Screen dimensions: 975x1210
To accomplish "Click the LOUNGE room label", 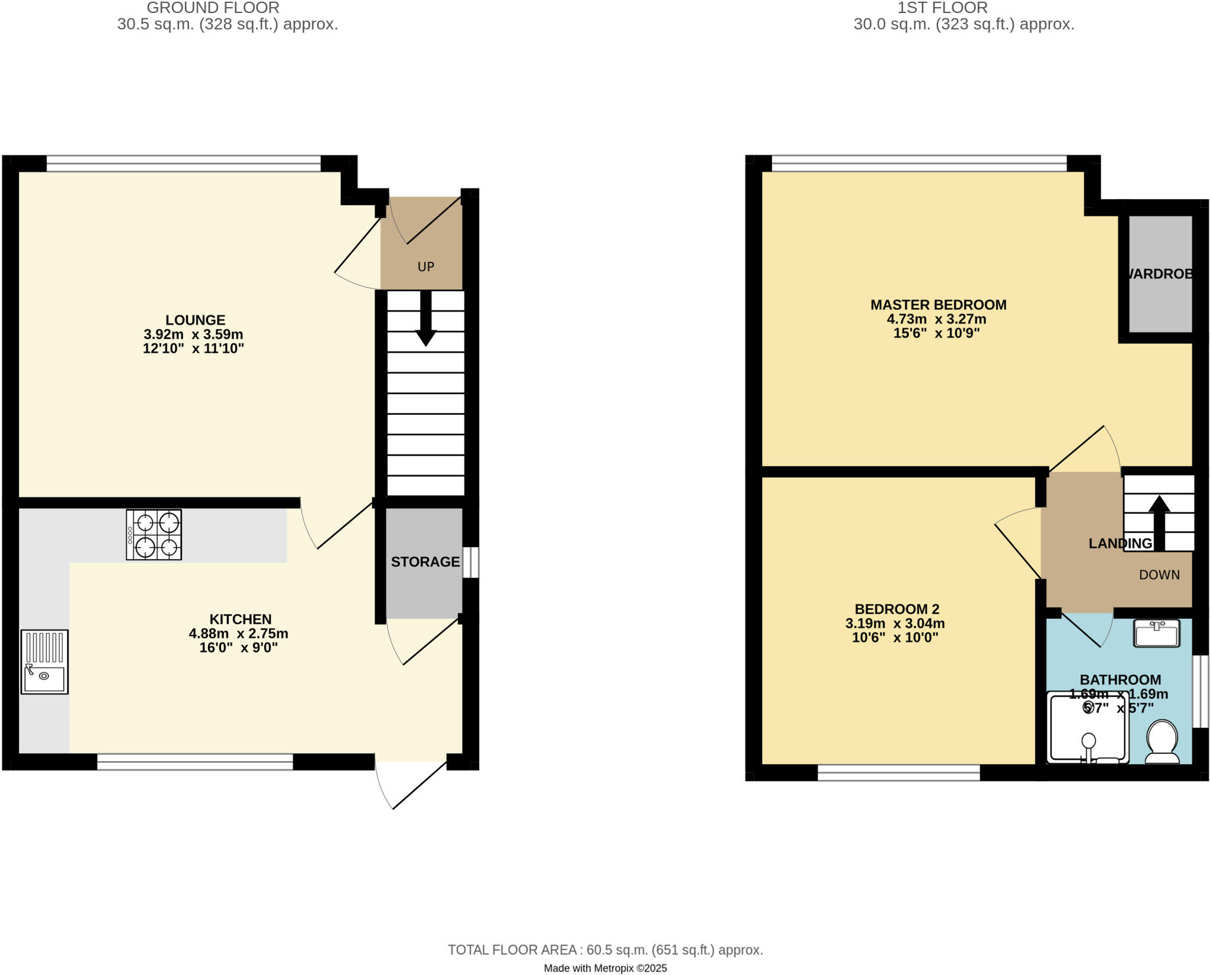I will click(195, 320).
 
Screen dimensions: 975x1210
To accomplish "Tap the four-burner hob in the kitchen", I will click(154, 535).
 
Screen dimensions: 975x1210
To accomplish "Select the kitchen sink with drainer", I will click(44, 661).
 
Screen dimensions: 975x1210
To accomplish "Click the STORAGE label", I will click(425, 562).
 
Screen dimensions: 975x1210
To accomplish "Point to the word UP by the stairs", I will click(425, 266).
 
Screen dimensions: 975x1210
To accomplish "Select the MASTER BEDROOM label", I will click(938, 305).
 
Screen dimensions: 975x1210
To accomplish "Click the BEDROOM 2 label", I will click(897, 609).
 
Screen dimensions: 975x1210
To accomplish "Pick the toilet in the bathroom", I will click(1162, 742).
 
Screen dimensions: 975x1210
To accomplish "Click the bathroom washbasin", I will click(1156, 633).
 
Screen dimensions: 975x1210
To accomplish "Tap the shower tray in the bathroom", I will click(1087, 729).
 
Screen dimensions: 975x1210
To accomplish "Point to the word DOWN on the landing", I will click(1159, 575).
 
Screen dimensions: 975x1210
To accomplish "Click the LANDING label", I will click(1120, 544).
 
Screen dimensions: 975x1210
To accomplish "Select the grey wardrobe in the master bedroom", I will click(1160, 274).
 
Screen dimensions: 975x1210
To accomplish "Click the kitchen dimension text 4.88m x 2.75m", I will click(239, 634).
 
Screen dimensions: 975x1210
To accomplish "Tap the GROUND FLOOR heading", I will click(213, 8).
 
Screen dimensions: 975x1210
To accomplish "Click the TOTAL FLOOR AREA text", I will click(605, 950).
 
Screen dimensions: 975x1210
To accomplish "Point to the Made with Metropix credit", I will click(605, 968).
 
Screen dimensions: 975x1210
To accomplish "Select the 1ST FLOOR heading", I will click(942, 8).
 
